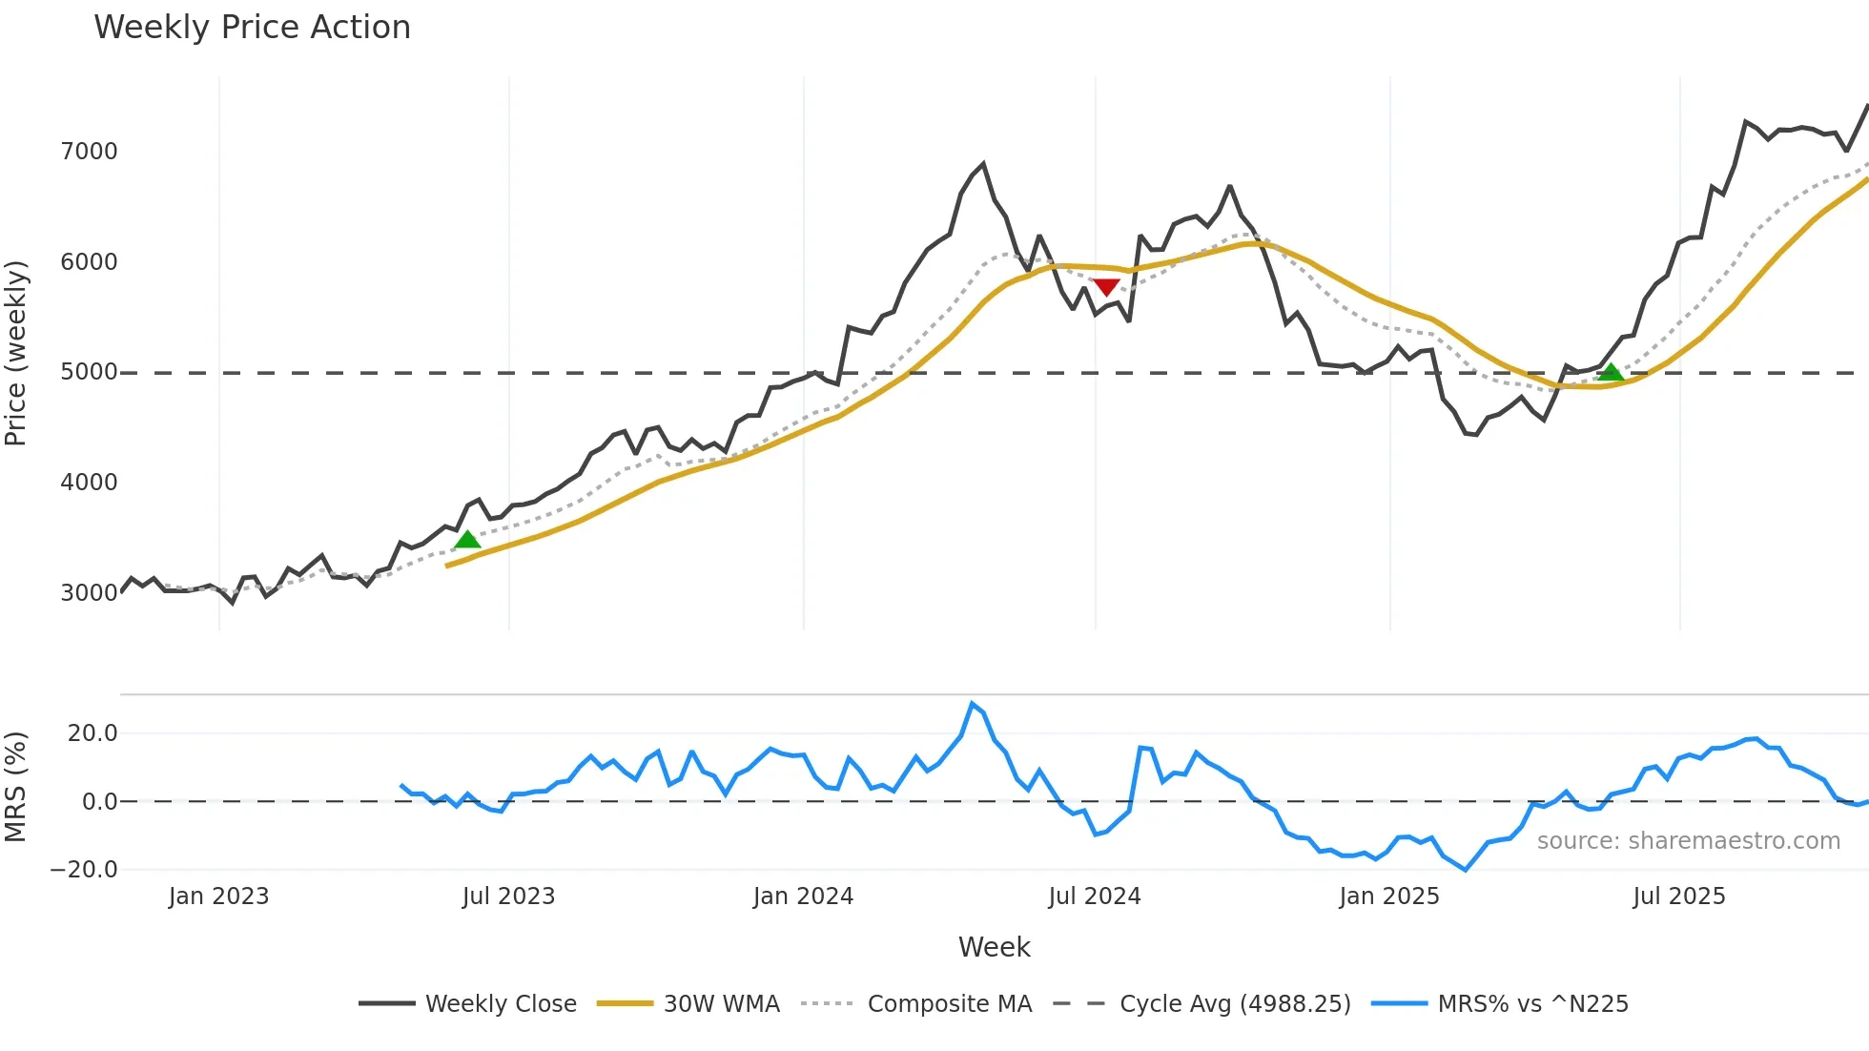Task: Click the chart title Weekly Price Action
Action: tap(252, 28)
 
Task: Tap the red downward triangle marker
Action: tap(1106, 286)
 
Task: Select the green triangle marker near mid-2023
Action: tap(467, 540)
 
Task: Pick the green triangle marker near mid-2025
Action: tap(1611, 372)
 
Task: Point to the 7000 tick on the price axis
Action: tap(89, 152)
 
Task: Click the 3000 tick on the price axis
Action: tap(89, 592)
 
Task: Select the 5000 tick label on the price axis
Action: tap(89, 372)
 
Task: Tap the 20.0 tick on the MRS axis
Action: tap(92, 733)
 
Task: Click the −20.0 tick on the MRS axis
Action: tap(84, 870)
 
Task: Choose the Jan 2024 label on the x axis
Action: tap(803, 896)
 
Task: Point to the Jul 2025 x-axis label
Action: tap(1679, 896)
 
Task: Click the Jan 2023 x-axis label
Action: tap(218, 896)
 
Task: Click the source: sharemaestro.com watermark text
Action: tap(1688, 841)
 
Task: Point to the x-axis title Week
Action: tap(994, 947)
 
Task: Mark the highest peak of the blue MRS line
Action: tap(972, 704)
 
